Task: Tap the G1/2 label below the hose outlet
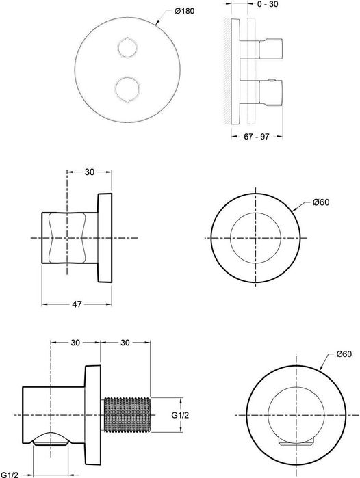(10, 473)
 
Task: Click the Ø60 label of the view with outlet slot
(344, 354)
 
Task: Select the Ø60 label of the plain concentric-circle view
(321, 202)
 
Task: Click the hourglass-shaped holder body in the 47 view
(68, 237)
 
